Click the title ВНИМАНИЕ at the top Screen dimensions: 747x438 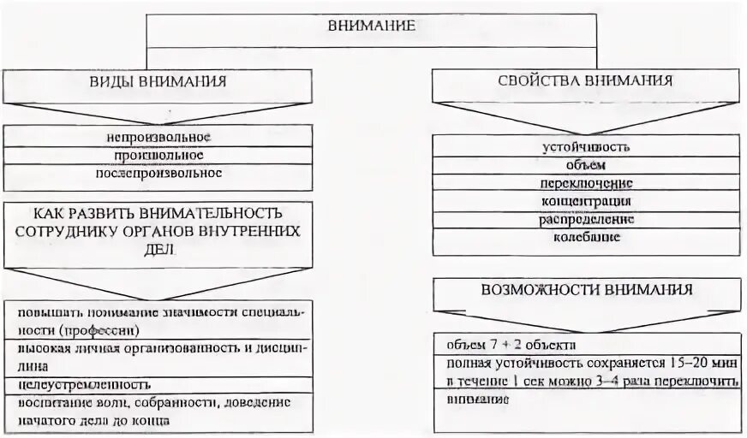tap(372, 26)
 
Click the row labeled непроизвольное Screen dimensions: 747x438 tap(158, 137)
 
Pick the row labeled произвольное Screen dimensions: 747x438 tap(158, 155)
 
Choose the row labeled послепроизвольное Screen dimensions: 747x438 tap(158, 173)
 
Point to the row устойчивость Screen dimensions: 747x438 tap(586, 146)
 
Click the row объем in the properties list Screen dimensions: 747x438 tap(586, 165)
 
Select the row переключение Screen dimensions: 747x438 tap(586, 183)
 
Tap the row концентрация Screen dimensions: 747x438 tap(586, 201)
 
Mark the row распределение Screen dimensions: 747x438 tap(586, 219)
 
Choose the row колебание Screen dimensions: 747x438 tap(586, 237)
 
